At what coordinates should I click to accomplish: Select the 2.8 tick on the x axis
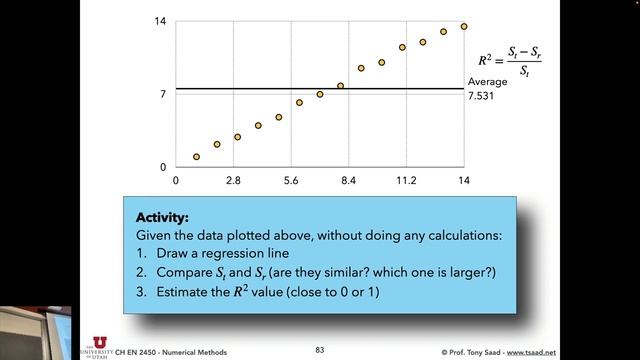(x=233, y=180)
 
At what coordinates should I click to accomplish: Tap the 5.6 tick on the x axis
(x=291, y=180)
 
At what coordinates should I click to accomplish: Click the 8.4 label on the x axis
(x=348, y=180)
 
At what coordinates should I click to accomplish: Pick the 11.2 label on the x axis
(x=406, y=180)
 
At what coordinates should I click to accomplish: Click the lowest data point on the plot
(x=196, y=157)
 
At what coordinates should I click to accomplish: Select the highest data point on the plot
(x=464, y=27)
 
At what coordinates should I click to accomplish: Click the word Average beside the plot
(x=487, y=82)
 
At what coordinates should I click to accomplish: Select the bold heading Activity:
(x=162, y=215)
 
